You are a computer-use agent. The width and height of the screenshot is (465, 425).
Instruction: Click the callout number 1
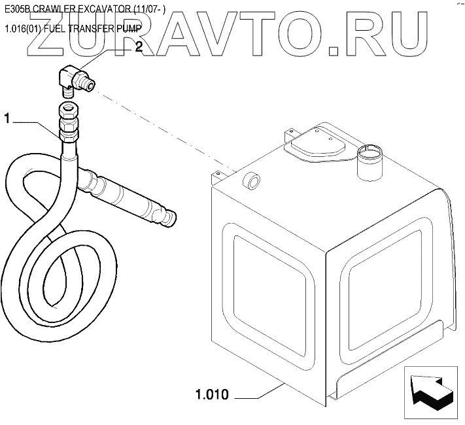pos(8,119)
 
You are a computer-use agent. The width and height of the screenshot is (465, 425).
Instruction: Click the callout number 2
pos(138,46)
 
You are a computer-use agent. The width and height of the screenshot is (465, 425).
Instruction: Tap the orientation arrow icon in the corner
pos(430,393)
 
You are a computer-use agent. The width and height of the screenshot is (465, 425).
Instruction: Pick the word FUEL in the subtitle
pos(62,28)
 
